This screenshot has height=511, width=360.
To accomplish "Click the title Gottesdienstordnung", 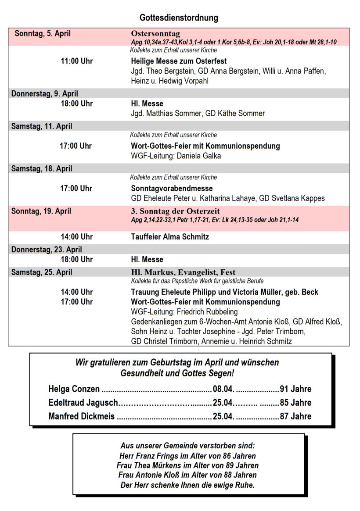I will (x=179, y=18).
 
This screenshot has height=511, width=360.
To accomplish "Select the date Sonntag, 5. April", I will (x=43, y=33).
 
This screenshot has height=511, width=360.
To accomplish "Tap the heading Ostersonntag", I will (x=155, y=34).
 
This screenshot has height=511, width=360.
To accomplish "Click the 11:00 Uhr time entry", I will (x=76, y=61).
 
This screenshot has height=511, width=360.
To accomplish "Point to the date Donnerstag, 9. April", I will (x=45, y=93).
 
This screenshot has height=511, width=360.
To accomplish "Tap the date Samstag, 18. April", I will (x=42, y=168).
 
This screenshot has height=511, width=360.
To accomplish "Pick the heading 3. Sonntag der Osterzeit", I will (x=175, y=211).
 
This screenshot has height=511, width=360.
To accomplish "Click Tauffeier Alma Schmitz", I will (x=170, y=237).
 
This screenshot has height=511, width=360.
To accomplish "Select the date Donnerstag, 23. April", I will (x=47, y=250).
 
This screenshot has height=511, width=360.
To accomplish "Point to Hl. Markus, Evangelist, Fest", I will (x=186, y=272).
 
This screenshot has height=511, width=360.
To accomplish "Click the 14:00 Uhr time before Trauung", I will (x=76, y=292).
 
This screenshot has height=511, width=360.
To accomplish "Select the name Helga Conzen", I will (x=74, y=389).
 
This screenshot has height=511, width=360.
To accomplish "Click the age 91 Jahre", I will (x=295, y=389).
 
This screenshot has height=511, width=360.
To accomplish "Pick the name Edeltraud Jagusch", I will (x=83, y=403).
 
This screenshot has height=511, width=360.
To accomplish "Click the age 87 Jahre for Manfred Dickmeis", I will (x=295, y=416).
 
